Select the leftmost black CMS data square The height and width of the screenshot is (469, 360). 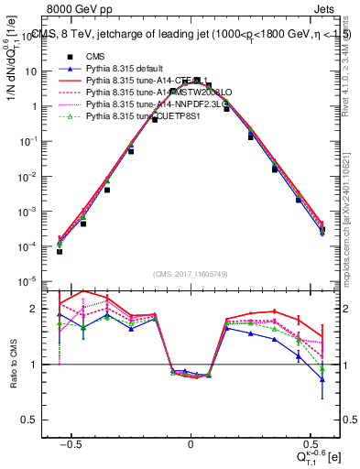click(60, 250)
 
